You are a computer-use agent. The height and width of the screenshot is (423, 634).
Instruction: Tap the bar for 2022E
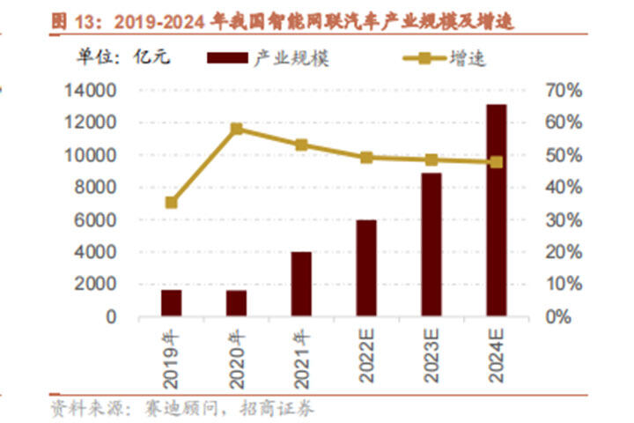[366, 268]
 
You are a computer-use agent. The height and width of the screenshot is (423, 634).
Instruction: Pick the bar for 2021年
[301, 284]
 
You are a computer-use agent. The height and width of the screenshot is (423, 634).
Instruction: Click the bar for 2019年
[171, 302]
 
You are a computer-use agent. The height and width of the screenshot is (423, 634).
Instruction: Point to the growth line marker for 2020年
[236, 129]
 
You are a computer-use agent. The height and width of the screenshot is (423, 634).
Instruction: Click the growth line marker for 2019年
[171, 203]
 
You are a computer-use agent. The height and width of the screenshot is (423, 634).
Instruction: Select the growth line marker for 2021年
[301, 145]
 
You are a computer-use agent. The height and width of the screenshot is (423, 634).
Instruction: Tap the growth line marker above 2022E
[366, 158]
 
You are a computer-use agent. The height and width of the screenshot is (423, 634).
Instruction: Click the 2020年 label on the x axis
[236, 357]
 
